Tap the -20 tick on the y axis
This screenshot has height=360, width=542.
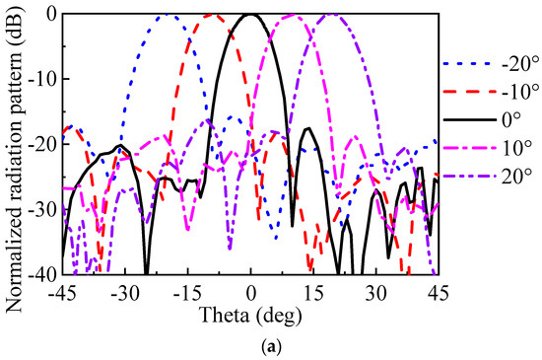pyautogui.click(x=44, y=145)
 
